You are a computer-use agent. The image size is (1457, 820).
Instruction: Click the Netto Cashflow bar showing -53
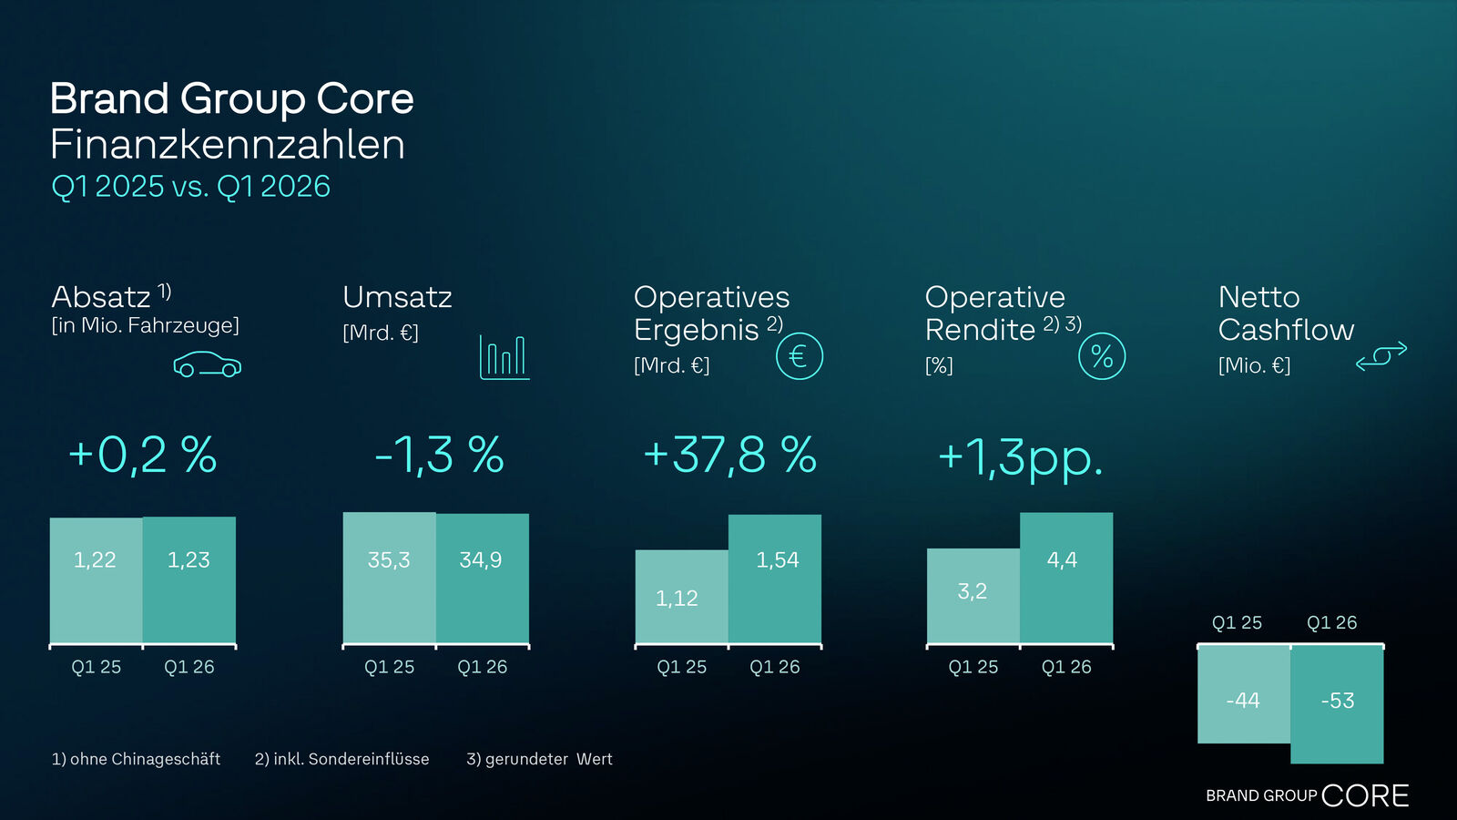pos(1337,702)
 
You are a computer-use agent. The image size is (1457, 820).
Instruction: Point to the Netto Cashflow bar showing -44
pos(1243,694)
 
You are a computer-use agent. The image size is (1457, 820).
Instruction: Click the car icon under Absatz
pos(208,364)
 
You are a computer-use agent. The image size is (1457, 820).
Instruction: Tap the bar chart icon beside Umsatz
pos(504,357)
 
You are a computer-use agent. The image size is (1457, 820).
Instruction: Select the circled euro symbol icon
pos(799,356)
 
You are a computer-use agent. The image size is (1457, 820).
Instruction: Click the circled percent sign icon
pos(1102,356)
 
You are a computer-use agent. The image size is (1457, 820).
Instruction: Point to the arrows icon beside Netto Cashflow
pos(1381,356)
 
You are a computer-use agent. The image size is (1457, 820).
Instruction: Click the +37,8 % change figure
pos(729,455)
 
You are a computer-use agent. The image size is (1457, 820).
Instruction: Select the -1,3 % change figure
pos(439,455)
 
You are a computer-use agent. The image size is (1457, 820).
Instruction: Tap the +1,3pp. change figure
pos(1020,456)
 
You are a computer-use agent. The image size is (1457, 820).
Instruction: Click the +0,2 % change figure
pos(143,455)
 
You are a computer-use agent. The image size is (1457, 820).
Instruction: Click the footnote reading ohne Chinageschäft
pos(136,759)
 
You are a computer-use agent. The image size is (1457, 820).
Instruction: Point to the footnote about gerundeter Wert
pos(539,759)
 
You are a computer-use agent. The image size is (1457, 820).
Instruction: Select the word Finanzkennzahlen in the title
pos(228,145)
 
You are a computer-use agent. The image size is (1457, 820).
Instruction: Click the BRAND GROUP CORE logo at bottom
pos(1307,795)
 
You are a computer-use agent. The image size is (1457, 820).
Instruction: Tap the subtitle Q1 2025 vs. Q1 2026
pos(190,187)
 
